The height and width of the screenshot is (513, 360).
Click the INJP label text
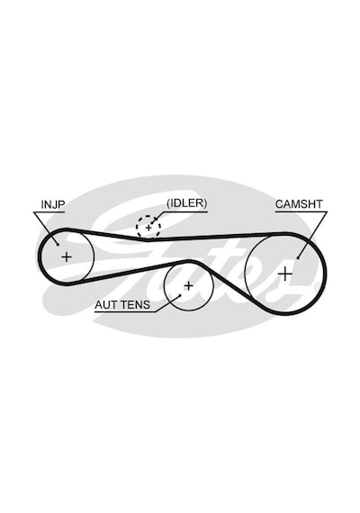53,204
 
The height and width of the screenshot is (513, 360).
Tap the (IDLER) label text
187,203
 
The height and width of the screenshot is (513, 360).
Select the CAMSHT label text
299,204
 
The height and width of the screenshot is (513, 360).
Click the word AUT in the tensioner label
106,305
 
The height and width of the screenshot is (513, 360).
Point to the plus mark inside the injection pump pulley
67,256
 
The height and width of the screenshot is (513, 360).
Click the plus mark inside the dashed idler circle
148,227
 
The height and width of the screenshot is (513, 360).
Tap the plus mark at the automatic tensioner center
188,286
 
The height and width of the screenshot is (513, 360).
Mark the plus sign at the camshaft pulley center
286,274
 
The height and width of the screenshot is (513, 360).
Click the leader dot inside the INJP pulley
58,244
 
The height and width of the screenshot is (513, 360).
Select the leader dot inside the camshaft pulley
298,258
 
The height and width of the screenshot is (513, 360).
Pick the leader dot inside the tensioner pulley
180,295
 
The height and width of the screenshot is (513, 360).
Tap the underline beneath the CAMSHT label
301,211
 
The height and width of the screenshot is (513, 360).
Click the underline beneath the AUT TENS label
125,311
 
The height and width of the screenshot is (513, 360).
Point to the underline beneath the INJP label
49,212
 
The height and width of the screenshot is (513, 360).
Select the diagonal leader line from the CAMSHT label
312,235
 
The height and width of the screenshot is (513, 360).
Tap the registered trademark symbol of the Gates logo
316,288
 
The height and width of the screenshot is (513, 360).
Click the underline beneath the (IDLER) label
184,211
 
